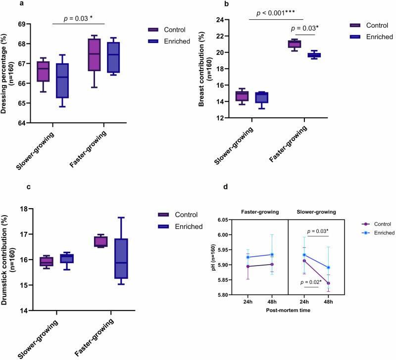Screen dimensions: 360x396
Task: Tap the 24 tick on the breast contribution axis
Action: [234, 20]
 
